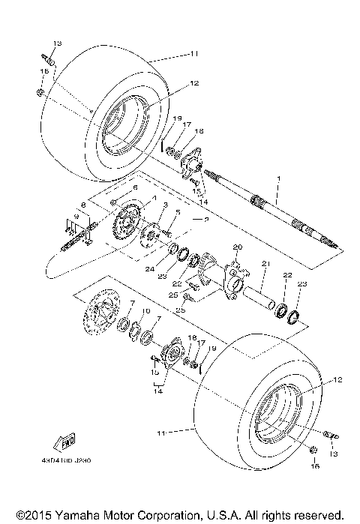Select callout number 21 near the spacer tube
coord(264,264)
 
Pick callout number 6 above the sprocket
coord(135,187)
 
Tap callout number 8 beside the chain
coord(84,204)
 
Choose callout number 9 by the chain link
coord(75,216)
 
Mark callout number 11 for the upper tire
coord(193,55)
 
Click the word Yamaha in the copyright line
coord(70,515)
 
